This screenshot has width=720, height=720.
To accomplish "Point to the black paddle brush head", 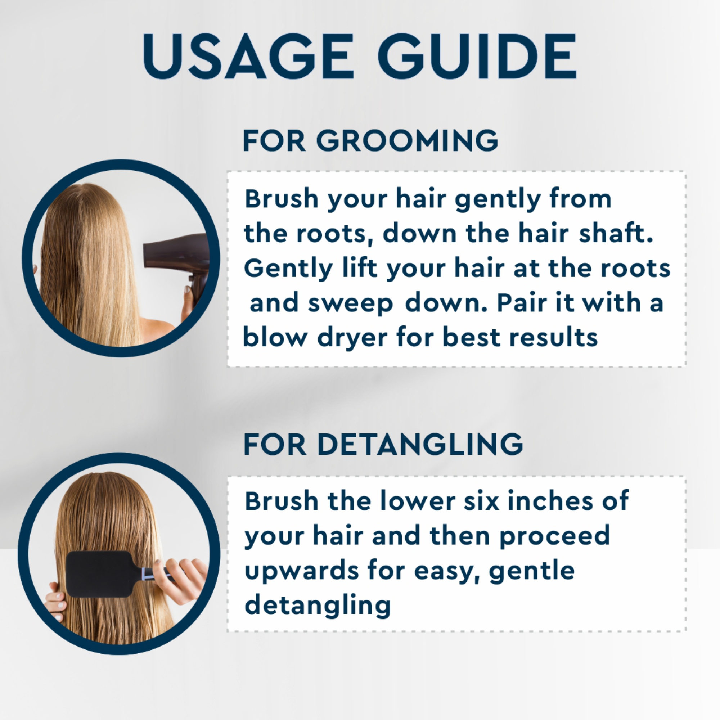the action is pyautogui.click(x=101, y=574).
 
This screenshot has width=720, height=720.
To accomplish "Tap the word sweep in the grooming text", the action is pyautogui.click(x=351, y=303).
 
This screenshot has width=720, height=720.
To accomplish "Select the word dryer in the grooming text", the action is pyautogui.click(x=352, y=338).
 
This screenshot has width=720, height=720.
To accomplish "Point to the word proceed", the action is pyautogui.click(x=554, y=536).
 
